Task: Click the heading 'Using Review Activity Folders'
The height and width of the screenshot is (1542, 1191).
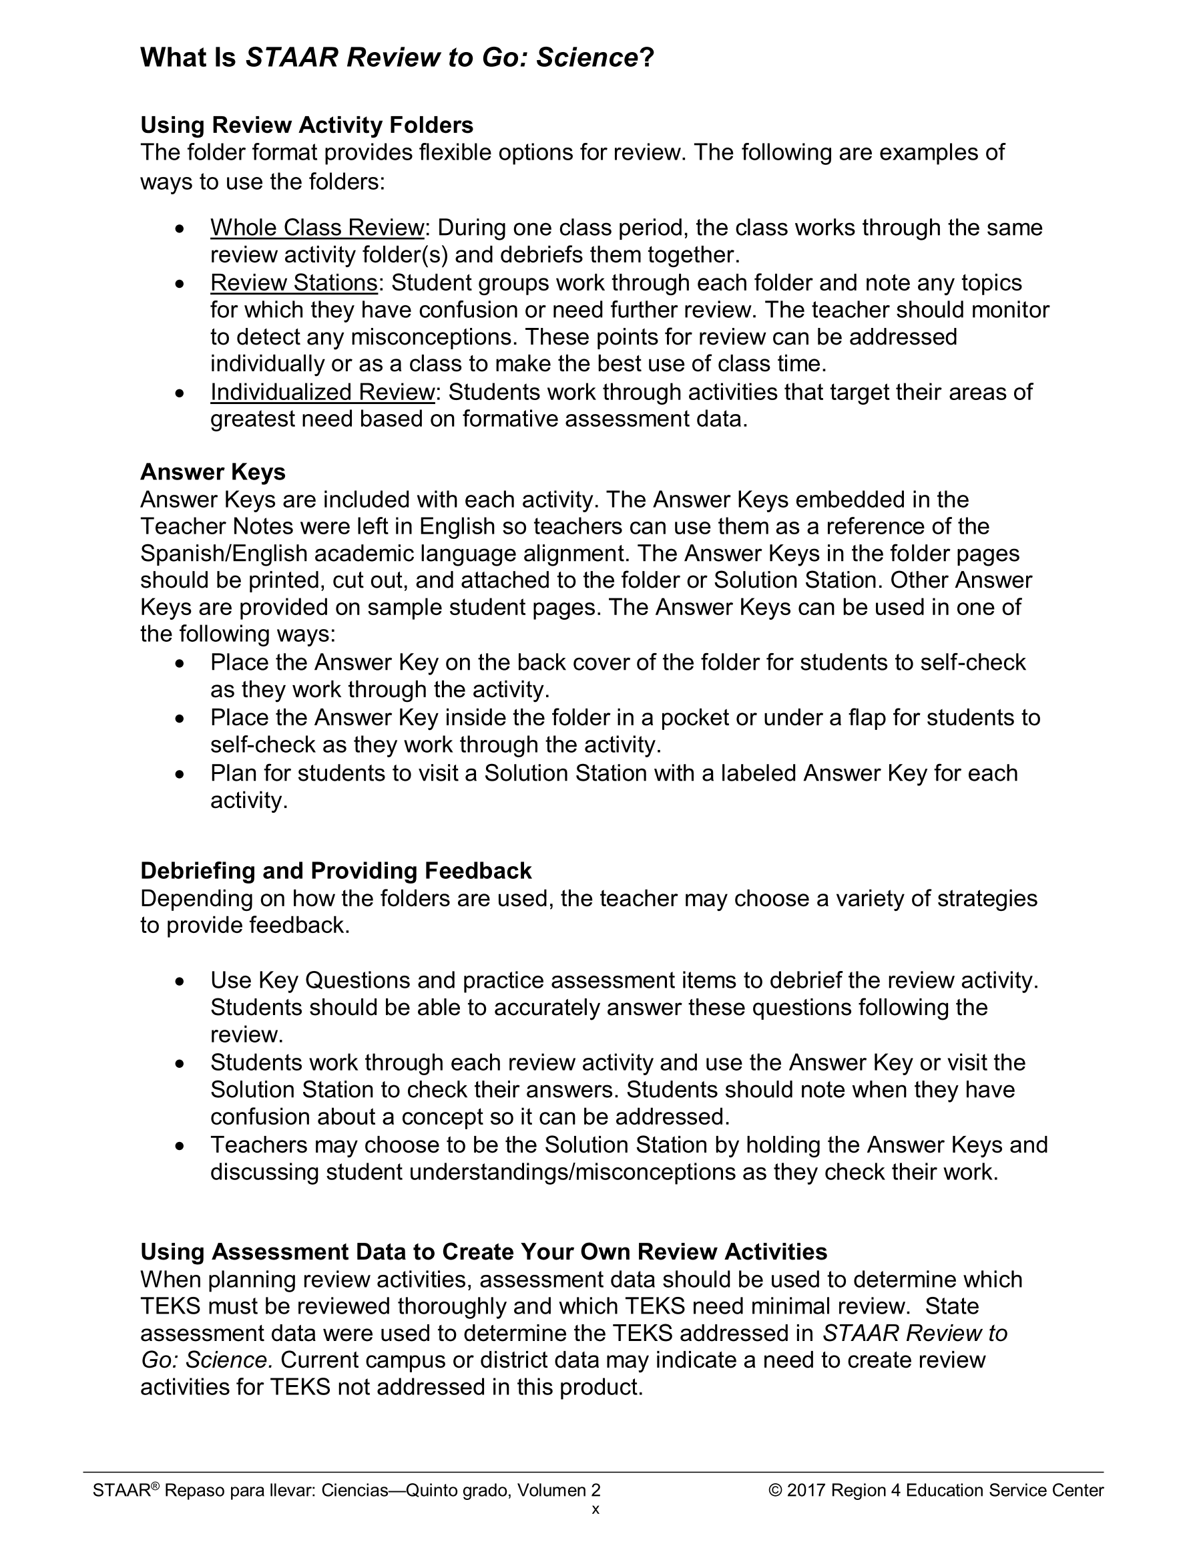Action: [x=306, y=125]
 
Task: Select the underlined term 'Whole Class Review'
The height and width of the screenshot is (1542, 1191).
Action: [x=316, y=227]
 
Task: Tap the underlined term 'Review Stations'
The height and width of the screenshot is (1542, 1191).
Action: [x=294, y=282]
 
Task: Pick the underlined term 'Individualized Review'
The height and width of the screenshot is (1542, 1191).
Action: [x=322, y=392]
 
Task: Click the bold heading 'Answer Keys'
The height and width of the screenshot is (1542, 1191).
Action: [x=212, y=471]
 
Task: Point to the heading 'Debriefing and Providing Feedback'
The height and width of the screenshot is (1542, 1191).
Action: [x=335, y=871]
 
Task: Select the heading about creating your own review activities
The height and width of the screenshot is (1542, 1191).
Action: [x=483, y=1251]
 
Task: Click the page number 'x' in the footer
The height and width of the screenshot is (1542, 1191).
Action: [x=595, y=1509]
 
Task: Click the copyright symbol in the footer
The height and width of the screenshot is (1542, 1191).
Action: [x=775, y=1491]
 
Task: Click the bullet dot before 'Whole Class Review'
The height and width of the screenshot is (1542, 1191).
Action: [x=181, y=230]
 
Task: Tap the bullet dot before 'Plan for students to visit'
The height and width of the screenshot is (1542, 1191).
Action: [x=181, y=775]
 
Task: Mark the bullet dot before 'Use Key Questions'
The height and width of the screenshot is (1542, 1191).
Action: [x=181, y=982]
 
